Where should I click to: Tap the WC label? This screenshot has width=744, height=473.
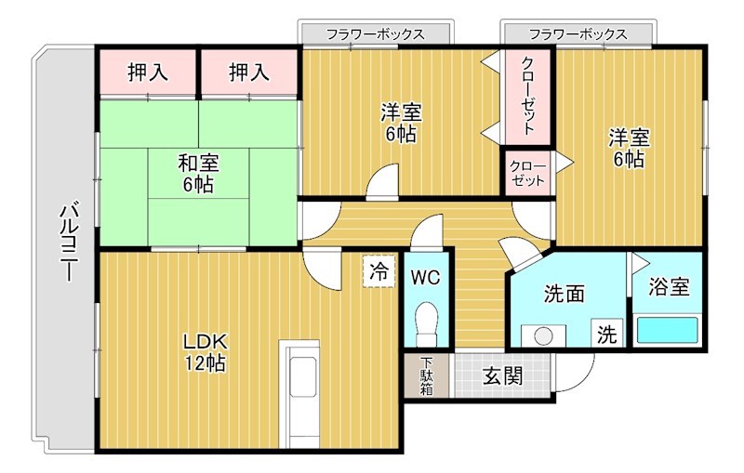[427, 277]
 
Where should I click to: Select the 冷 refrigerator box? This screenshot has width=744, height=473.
[379, 271]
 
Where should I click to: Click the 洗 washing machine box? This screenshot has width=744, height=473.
[606, 333]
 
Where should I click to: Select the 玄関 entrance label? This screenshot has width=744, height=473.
[502, 376]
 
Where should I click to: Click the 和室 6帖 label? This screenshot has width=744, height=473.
[198, 173]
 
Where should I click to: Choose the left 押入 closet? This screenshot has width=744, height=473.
[148, 72]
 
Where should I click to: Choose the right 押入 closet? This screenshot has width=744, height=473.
[248, 72]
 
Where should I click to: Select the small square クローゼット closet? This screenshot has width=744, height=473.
[527, 173]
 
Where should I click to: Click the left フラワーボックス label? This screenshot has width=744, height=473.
[375, 33]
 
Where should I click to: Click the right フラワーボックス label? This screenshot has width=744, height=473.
[578, 33]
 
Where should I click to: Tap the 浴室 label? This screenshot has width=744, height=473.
[669, 287]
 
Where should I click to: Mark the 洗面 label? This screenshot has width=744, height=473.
[564, 294]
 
